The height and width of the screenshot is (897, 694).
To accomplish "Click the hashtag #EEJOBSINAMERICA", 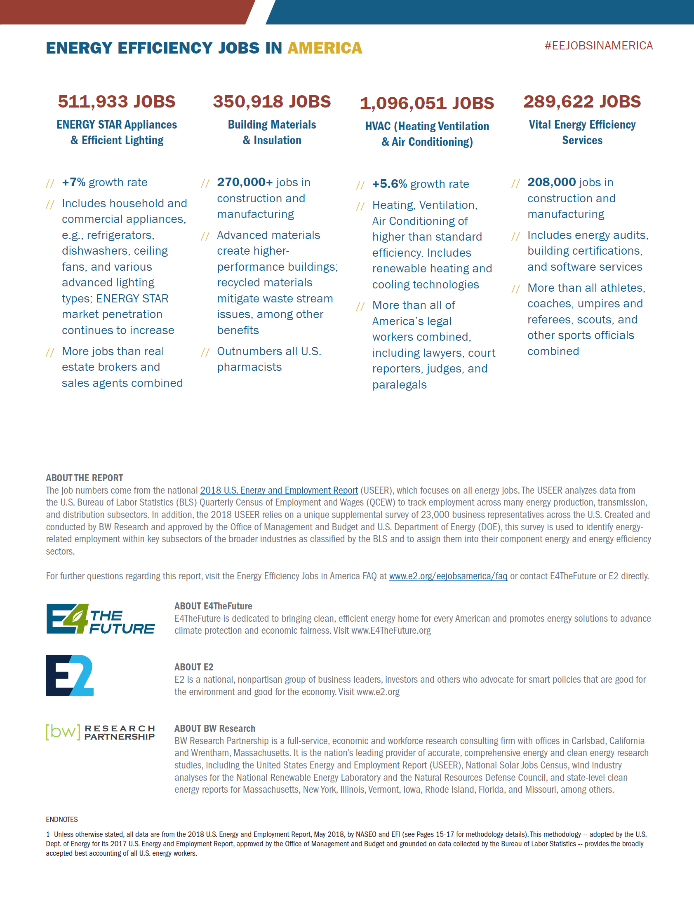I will [598, 45].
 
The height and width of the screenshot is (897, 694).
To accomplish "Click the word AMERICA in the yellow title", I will [325, 48].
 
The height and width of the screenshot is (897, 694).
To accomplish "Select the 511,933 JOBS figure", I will [117, 101].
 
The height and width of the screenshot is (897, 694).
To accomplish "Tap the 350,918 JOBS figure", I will [272, 101].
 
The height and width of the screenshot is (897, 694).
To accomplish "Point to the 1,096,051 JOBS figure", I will [427, 103].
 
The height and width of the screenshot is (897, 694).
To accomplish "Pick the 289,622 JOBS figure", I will [582, 101].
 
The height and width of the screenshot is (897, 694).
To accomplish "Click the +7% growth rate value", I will [73, 182].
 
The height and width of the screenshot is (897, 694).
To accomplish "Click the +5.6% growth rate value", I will [390, 184].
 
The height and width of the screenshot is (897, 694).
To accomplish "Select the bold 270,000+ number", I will [245, 182].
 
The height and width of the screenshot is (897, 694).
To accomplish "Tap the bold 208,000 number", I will [551, 182].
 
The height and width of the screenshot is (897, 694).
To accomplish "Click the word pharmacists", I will [249, 367].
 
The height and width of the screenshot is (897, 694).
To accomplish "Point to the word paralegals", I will [399, 385].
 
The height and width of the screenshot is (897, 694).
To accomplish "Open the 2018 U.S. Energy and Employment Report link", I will [279, 490].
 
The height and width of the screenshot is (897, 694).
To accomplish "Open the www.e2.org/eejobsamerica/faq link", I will [448, 576].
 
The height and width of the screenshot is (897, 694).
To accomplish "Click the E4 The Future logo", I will [100, 619].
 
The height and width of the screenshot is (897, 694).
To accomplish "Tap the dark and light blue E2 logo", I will [70, 675].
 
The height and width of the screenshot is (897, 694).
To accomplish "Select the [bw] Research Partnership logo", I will [100, 732].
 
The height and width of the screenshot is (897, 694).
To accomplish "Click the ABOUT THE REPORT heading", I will [84, 478].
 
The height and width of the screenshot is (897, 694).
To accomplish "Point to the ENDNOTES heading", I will [62, 820].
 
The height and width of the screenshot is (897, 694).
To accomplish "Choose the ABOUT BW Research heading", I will [214, 728].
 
